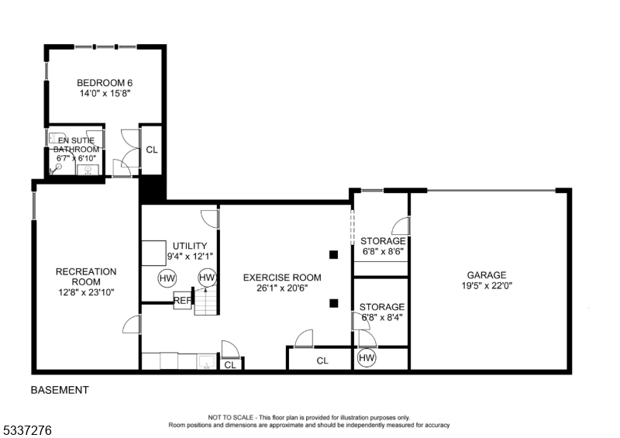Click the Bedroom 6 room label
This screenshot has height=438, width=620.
click(x=99, y=83)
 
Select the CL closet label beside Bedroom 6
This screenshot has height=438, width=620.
click(x=152, y=150)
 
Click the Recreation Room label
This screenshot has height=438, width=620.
click(x=85, y=277)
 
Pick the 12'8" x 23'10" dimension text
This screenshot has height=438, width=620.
click(x=85, y=293)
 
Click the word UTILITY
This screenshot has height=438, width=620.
click(x=190, y=246)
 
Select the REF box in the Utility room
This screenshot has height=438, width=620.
click(x=182, y=301)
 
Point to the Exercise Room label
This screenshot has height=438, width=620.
click(x=282, y=278)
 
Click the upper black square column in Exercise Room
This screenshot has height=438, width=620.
click(x=333, y=254)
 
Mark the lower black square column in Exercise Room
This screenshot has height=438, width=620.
click(x=333, y=303)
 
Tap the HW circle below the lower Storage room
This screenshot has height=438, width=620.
click(x=367, y=358)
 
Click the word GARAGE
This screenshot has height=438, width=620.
click(x=487, y=274)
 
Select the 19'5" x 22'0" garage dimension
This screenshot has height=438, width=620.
click(x=487, y=285)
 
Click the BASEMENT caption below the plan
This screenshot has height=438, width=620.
click(x=60, y=390)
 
